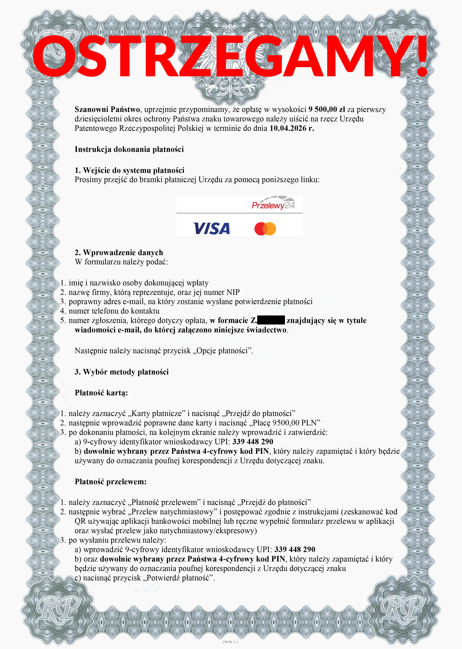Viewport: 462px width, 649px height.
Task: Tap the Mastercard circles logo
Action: [x=265, y=229]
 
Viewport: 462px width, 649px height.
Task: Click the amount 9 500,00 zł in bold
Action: [x=327, y=110]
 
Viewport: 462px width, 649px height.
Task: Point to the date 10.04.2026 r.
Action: [x=292, y=128]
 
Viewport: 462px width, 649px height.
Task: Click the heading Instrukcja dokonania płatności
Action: [x=129, y=149]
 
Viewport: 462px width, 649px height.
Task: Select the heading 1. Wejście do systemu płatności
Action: [x=130, y=171]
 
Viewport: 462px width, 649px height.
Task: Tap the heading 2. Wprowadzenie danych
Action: [x=119, y=253]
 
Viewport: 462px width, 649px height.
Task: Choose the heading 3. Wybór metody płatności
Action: [x=121, y=372]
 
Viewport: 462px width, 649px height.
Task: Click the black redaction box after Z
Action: [x=271, y=320]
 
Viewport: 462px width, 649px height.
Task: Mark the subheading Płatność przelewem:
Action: [x=110, y=482]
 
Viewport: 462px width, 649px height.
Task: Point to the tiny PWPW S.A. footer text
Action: [x=231, y=642]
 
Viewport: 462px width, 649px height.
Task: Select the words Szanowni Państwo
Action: [x=107, y=110]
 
